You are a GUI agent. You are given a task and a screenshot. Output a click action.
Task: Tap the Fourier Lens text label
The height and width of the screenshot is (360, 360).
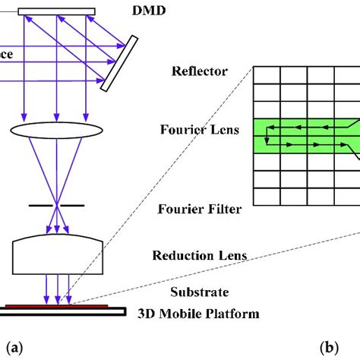[199, 129]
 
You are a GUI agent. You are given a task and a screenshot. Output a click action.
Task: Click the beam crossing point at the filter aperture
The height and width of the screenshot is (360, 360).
[55, 204]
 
